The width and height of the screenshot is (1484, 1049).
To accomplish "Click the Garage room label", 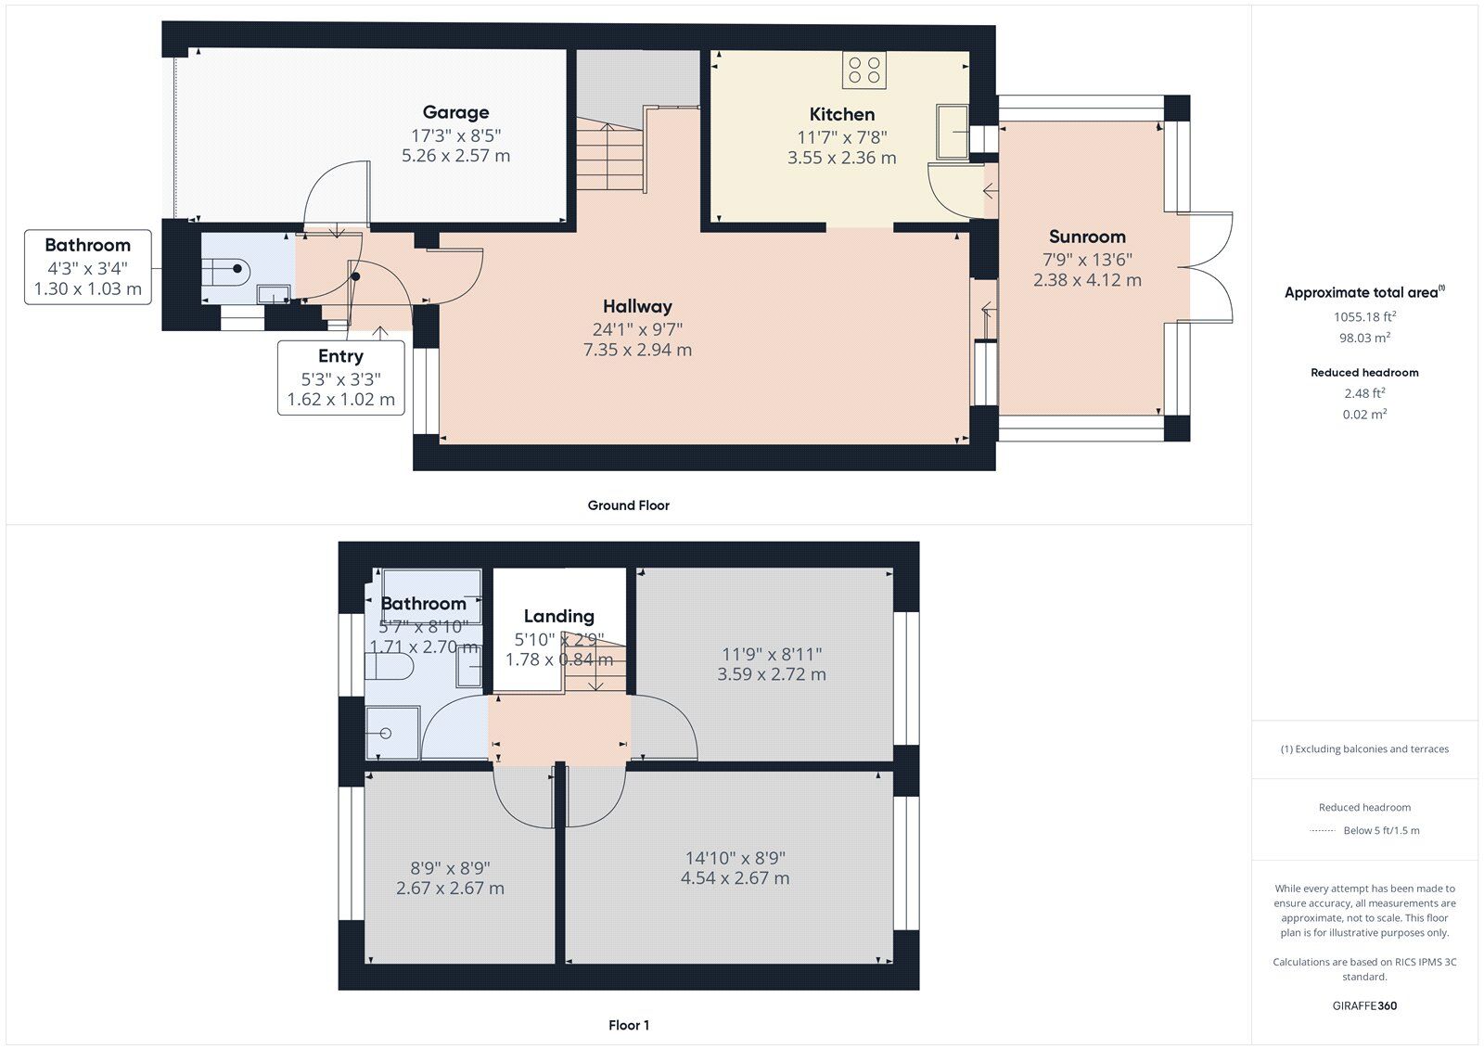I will point(455,112).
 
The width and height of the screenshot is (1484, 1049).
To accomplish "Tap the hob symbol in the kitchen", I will point(864,70).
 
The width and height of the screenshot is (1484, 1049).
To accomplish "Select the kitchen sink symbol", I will point(953,132).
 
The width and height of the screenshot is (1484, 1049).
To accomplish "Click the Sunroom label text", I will point(1087,237).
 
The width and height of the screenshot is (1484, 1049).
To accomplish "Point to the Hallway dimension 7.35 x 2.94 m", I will point(637,350).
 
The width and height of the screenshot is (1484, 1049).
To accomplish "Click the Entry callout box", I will point(340,377).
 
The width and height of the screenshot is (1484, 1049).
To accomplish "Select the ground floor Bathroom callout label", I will point(87,267).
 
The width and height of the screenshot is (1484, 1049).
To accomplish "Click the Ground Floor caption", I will point(628,505).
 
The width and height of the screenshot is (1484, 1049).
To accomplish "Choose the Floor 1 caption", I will point(628,1025).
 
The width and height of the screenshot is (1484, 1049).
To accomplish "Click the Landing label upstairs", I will point(558,616).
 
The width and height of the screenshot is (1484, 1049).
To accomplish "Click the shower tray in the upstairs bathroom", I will point(391,734).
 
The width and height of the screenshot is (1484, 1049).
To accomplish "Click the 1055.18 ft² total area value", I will point(1364,316).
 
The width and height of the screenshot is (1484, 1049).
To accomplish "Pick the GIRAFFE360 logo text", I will point(1364,1005).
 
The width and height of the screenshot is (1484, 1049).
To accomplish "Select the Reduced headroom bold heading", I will point(1364,372).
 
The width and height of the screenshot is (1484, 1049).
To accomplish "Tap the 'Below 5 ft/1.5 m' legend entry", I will point(1380,830).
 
